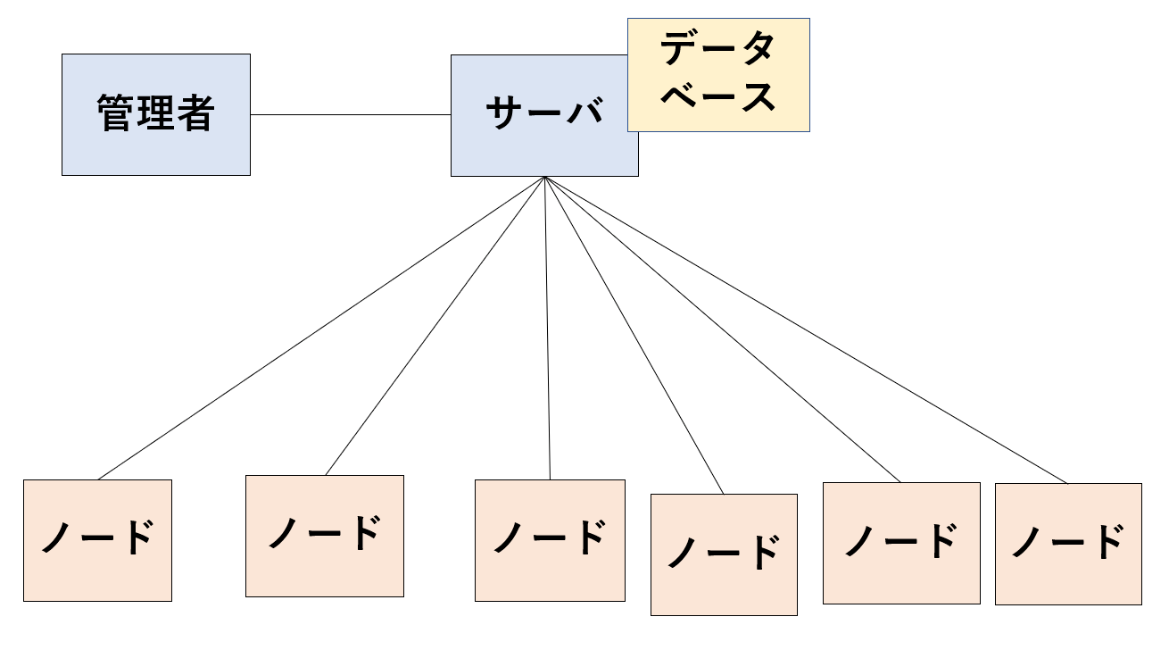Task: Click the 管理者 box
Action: click(x=156, y=114)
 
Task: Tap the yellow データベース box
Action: click(x=718, y=75)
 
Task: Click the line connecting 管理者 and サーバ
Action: click(x=351, y=114)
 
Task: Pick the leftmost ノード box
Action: click(x=97, y=540)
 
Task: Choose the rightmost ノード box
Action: click(x=1068, y=544)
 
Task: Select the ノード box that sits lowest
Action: click(x=724, y=554)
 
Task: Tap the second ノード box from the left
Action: click(x=325, y=536)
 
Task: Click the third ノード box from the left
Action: click(x=550, y=540)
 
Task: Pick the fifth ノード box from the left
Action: click(x=901, y=543)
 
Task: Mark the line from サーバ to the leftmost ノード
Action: click(x=321, y=328)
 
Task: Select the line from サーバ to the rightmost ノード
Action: click(x=806, y=330)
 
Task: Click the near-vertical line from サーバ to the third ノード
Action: click(x=547, y=328)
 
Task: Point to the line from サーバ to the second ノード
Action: click(x=435, y=326)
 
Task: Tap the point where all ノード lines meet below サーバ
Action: click(x=544, y=177)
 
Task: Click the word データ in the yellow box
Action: click(x=717, y=47)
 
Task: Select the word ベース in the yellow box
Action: click(x=718, y=96)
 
